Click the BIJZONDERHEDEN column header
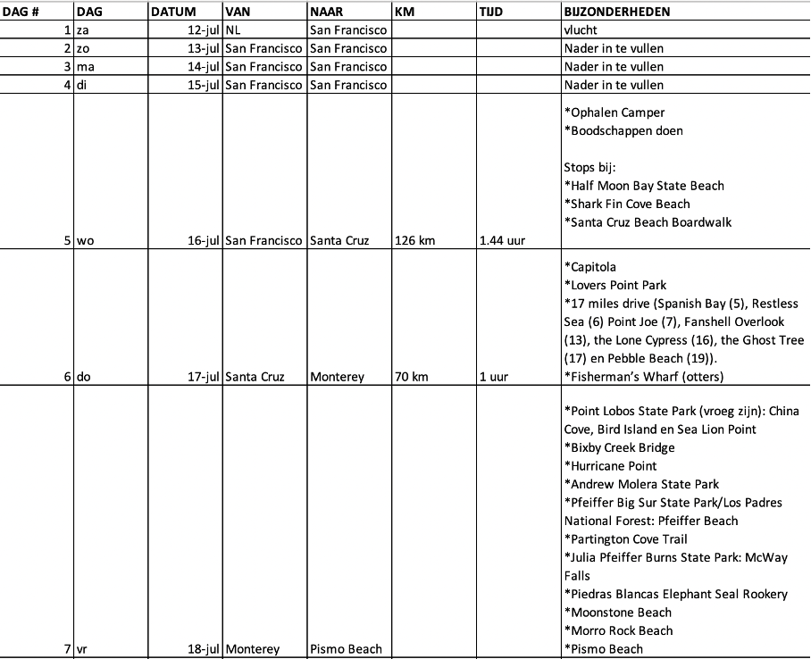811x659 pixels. click(616, 13)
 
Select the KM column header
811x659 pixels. click(404, 13)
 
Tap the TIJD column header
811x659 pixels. click(491, 13)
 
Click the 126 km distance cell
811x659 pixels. click(412, 240)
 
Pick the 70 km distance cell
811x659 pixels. click(411, 377)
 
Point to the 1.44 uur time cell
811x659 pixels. click(502, 240)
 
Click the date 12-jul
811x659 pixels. click(201, 30)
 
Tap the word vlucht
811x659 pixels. click(582, 30)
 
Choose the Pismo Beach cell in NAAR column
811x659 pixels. click(346, 649)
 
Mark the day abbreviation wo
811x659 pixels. click(86, 240)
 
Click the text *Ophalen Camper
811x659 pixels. click(615, 113)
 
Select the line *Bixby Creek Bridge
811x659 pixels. click(619, 447)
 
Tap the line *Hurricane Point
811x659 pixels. click(610, 466)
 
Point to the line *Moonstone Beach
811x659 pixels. click(617, 613)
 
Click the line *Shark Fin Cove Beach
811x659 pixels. click(627, 204)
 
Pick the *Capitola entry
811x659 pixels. click(590, 267)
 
